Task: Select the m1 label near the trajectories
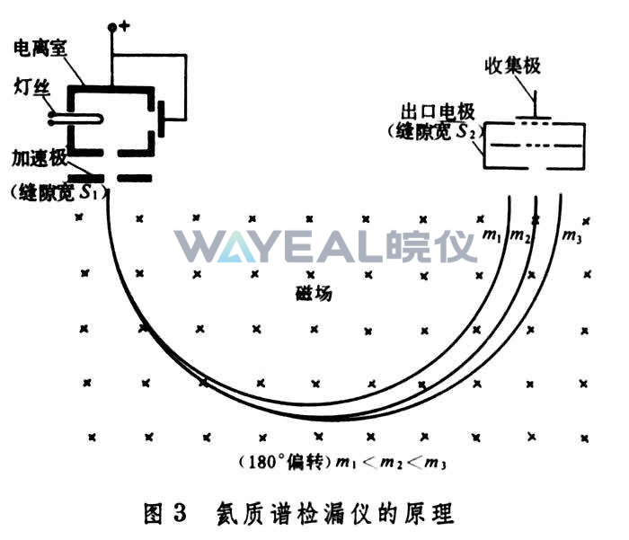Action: click(492, 236)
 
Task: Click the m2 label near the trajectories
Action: click(519, 236)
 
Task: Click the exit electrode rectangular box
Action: click(535, 146)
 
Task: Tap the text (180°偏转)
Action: click(284, 464)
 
